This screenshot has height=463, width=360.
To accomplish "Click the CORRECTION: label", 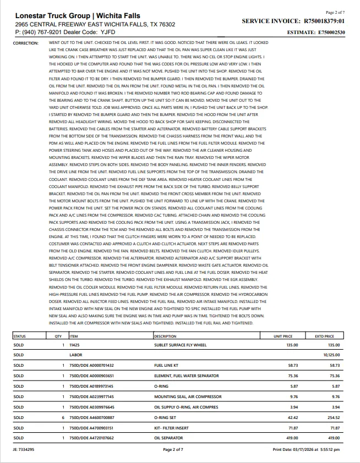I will coord(25,42).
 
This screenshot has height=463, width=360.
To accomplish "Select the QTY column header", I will coord(58,336).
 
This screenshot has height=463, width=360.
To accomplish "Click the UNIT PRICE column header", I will coord(283,336).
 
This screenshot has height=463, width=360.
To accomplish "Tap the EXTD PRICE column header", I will coord(324,336).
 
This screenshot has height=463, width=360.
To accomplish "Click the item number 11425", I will coord(75,345).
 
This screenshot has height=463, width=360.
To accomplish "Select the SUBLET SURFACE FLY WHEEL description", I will coord(180,345).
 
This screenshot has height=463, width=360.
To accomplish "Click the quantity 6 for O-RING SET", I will coord(64,417).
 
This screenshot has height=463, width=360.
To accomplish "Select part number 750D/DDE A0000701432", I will coord(91,365).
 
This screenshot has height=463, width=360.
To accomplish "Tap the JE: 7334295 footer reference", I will coord(23,449).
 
